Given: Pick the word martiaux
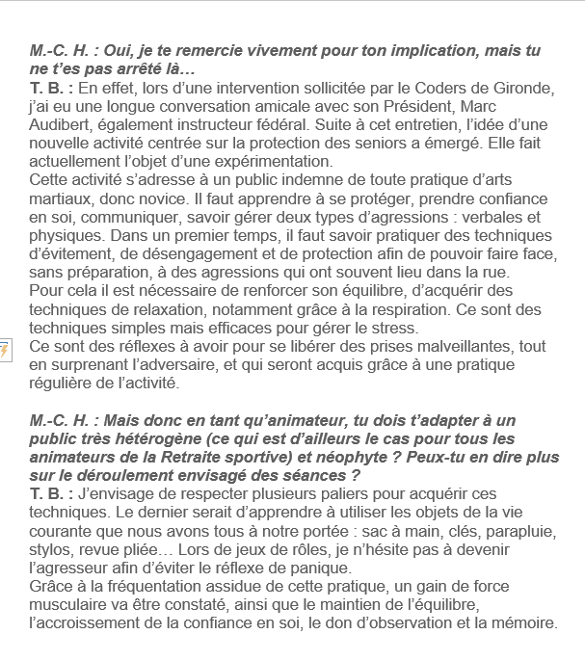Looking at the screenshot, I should coord(62,198).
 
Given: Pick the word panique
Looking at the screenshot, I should coord(291,568).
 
